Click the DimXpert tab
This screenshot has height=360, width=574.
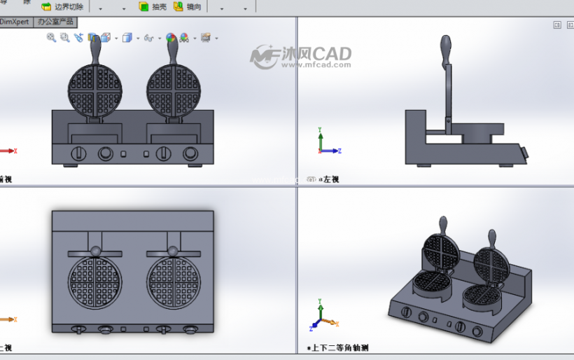pos(14,22)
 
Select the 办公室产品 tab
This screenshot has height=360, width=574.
pos(56,22)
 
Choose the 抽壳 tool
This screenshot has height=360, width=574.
pos(153,7)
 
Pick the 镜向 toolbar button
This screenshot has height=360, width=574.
pos(188,7)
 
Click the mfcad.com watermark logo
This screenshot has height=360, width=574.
pos(301,57)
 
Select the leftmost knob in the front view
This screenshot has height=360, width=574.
pos(78,153)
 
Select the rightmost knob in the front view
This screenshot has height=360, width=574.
pos(190,153)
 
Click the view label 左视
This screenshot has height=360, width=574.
pos(330,180)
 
